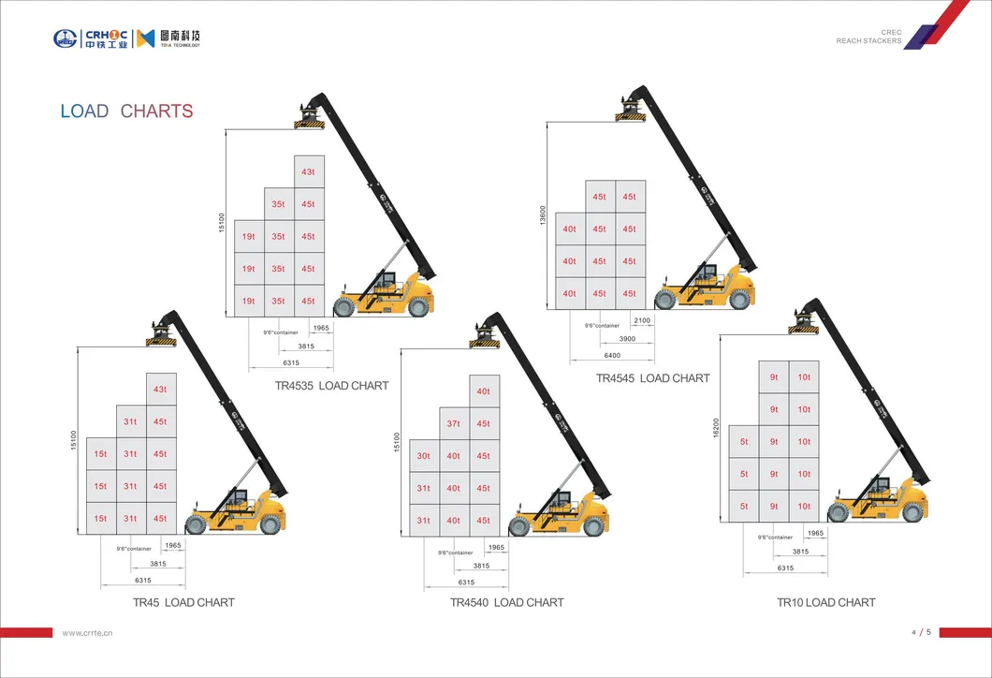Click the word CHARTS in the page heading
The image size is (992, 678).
[x=156, y=111]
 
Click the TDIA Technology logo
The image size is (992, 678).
[x=168, y=38]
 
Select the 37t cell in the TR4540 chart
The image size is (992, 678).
[x=453, y=423]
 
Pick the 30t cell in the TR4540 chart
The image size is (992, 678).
[x=424, y=456]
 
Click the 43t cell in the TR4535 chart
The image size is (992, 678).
[x=308, y=172]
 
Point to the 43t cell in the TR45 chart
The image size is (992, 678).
[x=160, y=390]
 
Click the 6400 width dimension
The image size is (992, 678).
[x=613, y=356]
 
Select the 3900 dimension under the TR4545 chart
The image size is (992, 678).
[x=628, y=338]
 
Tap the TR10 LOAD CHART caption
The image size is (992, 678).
[x=826, y=602]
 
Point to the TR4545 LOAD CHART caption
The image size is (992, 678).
[x=653, y=378]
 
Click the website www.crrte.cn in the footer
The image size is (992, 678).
[x=87, y=633]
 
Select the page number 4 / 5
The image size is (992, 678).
[x=921, y=633]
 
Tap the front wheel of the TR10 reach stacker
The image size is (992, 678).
[x=838, y=512]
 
